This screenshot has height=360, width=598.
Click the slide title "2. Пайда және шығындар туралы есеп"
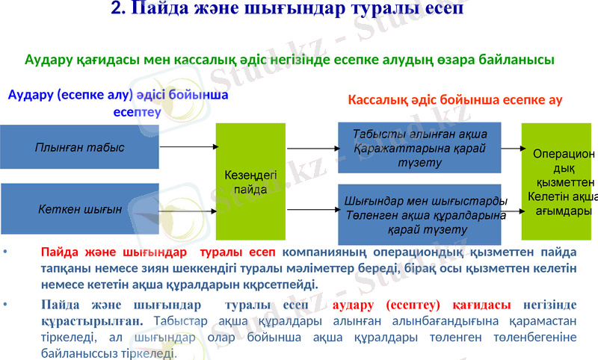[287, 10]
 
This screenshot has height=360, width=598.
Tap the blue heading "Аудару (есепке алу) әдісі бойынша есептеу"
[117, 104]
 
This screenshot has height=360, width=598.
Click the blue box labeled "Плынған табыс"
[79, 147]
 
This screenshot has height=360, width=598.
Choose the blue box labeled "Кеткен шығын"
[79, 210]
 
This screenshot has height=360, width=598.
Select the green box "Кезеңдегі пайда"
[250, 181]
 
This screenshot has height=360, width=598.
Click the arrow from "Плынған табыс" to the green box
[187, 147]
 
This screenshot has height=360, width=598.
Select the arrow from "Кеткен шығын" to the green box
[187, 210]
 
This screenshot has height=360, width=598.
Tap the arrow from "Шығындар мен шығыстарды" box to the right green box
[511, 211]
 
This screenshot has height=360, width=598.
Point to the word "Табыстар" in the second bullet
[176, 321]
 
